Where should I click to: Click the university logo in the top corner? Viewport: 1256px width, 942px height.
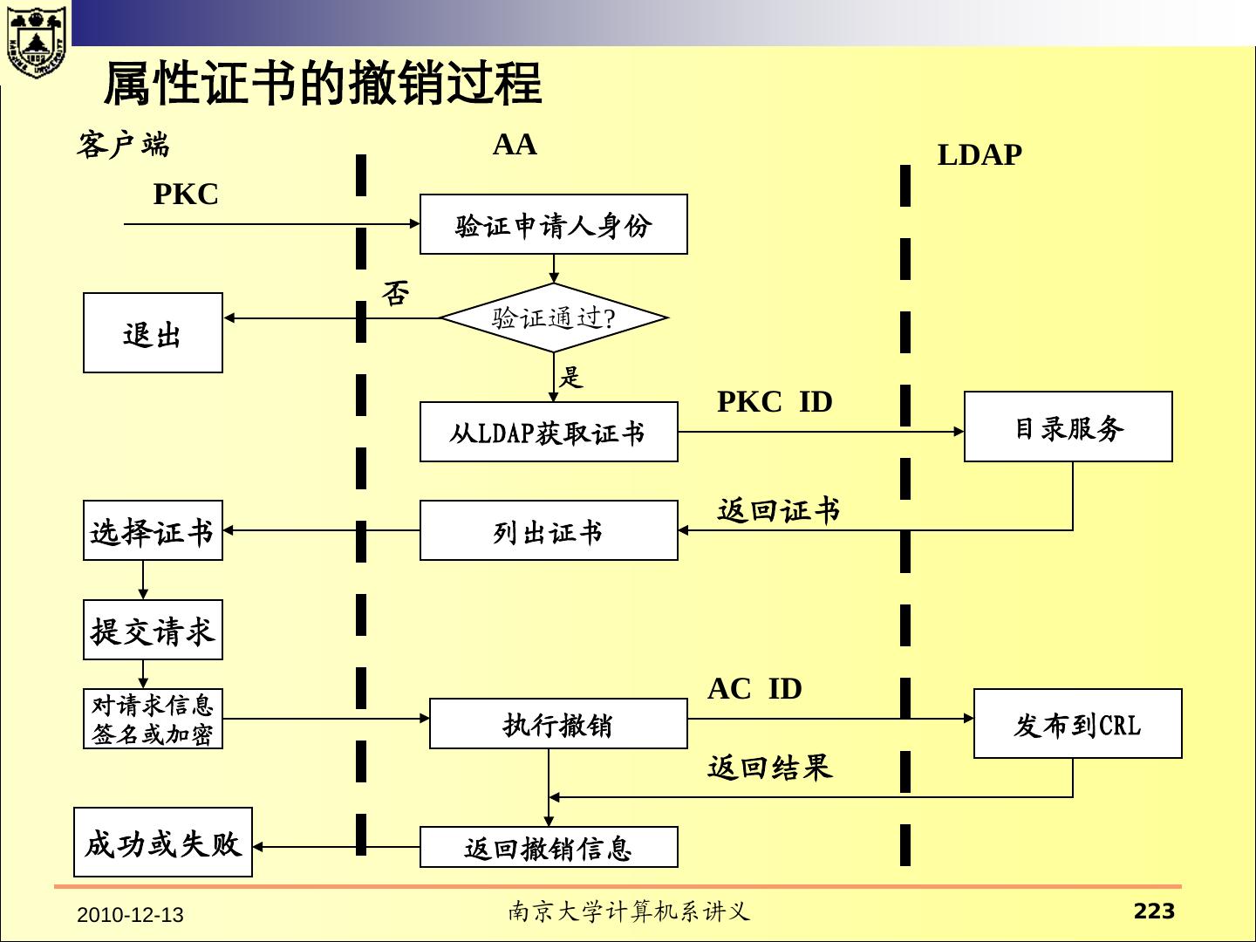tap(36, 39)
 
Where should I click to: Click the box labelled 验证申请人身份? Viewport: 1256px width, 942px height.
tap(553, 225)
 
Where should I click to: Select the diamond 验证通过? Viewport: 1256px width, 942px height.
tap(553, 317)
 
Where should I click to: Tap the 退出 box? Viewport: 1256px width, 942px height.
tap(153, 333)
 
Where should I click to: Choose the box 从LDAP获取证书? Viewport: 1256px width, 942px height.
tap(549, 432)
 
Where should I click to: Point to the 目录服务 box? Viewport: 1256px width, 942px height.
tap(1068, 427)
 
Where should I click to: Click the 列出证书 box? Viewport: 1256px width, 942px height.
tap(549, 530)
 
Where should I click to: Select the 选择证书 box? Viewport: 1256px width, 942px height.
tap(153, 530)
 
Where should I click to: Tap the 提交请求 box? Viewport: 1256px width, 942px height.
tap(153, 630)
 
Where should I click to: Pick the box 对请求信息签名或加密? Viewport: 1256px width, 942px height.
tap(153, 719)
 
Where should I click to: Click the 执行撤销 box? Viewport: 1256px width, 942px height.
tap(558, 724)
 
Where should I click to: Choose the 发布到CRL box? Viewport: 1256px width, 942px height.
tap(1077, 724)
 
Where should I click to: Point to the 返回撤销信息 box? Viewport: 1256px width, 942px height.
tap(549, 847)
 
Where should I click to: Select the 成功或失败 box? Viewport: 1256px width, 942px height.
tap(163, 843)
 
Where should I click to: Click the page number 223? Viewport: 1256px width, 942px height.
tap(1154, 911)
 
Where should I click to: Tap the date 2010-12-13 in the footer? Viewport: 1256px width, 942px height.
tap(130, 915)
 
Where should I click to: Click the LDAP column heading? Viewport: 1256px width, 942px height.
tap(980, 155)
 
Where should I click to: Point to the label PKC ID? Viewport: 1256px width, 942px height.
tap(775, 402)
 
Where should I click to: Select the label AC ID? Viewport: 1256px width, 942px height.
tap(754, 689)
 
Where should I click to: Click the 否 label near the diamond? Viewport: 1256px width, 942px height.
tap(395, 293)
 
